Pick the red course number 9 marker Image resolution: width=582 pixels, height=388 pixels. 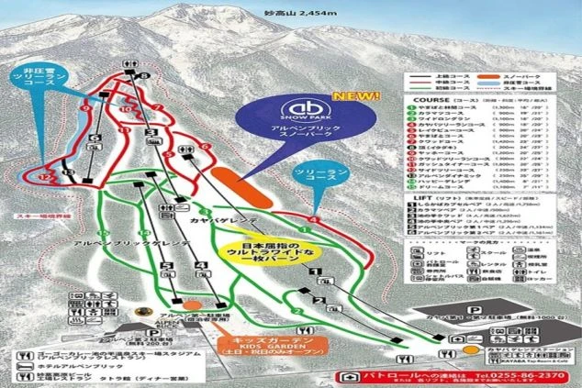(84, 107)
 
